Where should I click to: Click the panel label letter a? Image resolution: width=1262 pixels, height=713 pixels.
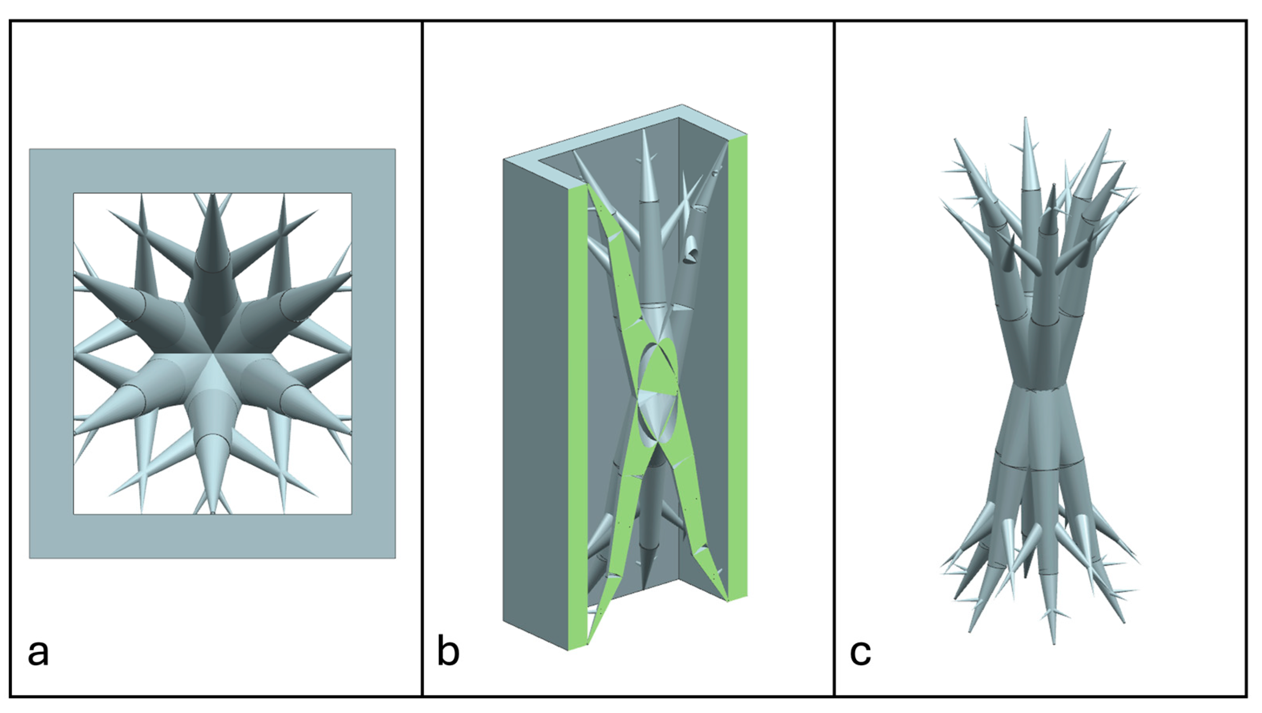pyautogui.click(x=38, y=653)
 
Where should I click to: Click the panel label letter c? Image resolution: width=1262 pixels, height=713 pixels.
pyautogui.click(x=860, y=653)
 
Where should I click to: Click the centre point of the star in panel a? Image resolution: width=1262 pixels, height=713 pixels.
pyautogui.click(x=213, y=352)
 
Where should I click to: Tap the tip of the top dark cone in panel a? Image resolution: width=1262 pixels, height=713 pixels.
pyautogui.click(x=213, y=194)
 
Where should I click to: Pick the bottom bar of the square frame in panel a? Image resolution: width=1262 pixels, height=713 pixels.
pyautogui.click(x=213, y=537)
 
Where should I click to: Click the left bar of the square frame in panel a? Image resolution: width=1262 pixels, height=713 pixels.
pyautogui.click(x=51, y=354)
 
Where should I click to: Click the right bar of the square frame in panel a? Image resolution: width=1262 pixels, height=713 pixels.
pyautogui.click(x=373, y=354)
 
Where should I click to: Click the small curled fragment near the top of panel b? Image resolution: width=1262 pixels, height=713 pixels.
pyautogui.click(x=691, y=250)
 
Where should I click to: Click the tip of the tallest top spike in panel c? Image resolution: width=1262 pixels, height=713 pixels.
pyautogui.click(x=1025, y=118)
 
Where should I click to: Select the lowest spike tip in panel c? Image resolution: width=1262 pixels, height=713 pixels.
pyautogui.click(x=1053, y=644)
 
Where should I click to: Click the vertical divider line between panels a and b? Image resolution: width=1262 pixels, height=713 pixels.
pyautogui.click(x=422, y=358)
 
